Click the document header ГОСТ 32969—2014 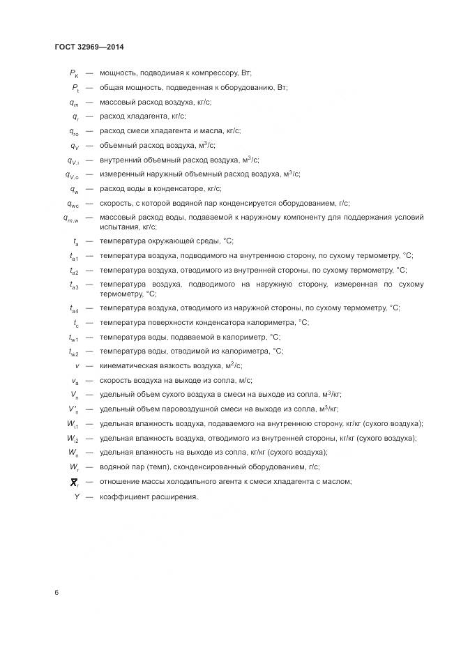click(89, 47)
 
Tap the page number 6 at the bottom click(56, 593)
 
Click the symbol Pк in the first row click(75, 73)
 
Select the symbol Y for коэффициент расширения click(77, 496)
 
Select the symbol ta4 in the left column click(74, 308)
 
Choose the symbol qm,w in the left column click(71, 218)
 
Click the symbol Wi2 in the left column click(73, 439)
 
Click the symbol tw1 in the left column click(74, 338)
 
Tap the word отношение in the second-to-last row click(119, 482)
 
